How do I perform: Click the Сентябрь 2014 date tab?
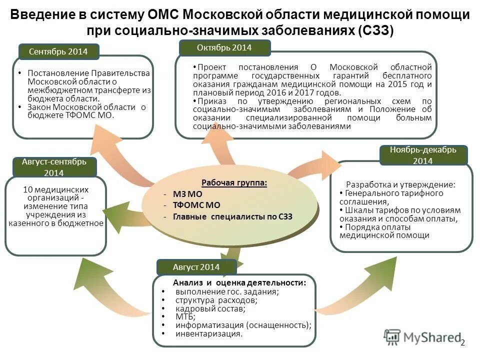pyautogui.click(x=58, y=51)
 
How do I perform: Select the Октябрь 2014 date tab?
pyautogui.click(x=224, y=48)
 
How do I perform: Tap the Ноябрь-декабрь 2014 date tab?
pyautogui.click(x=423, y=155)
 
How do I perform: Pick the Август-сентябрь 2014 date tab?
pyautogui.click(x=54, y=167)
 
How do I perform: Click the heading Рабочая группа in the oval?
pyautogui.click(x=234, y=183)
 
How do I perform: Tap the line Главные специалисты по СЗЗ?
pyautogui.click(x=232, y=216)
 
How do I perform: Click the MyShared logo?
pyautogui.click(x=422, y=337)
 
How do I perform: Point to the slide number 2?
pyautogui.click(x=462, y=343)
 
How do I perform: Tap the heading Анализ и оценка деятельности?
pyautogui.click(x=239, y=283)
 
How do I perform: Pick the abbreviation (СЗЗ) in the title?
pyautogui.click(x=375, y=30)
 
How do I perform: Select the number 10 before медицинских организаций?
pyautogui.click(x=28, y=189)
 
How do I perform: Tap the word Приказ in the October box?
pyautogui.click(x=209, y=100)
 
